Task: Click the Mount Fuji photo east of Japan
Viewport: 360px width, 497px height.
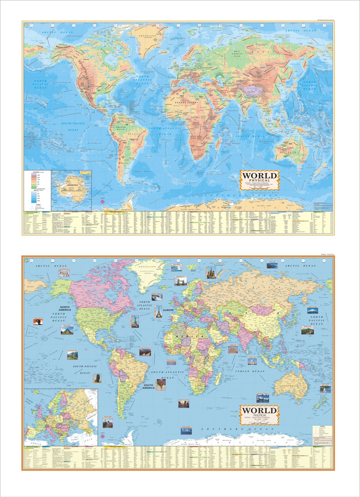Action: tap(312, 310)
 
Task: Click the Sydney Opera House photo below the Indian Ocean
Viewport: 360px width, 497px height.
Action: tap(263, 398)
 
